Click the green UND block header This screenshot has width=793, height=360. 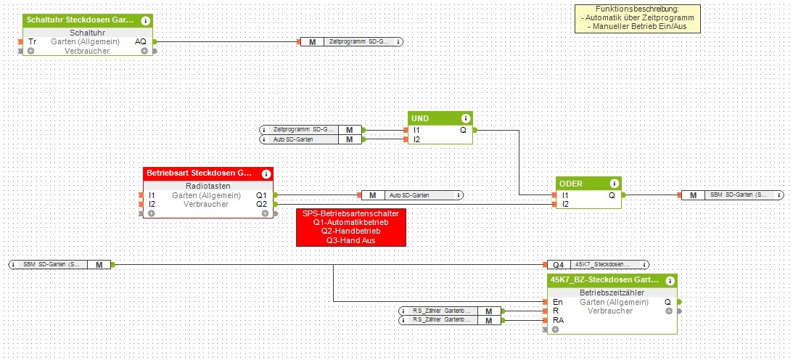click(432, 118)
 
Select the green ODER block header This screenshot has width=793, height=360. click(580, 184)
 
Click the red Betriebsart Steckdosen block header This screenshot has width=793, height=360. click(200, 174)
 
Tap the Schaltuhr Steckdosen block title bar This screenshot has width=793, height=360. click(80, 21)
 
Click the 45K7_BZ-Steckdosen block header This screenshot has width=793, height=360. click(604, 280)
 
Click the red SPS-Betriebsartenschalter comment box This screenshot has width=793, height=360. click(350, 226)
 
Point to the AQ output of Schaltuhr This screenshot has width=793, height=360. click(141, 42)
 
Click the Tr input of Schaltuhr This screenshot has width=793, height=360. click(33, 42)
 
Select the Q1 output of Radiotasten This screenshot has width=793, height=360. click(261, 195)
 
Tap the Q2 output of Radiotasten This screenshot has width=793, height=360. click(261, 204)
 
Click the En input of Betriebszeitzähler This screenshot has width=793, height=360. click(557, 302)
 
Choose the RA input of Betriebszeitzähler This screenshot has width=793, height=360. click(559, 319)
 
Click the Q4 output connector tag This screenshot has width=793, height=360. click(557, 265)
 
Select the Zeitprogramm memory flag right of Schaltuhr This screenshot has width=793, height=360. click(352, 42)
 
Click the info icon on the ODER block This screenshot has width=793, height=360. click(614, 184)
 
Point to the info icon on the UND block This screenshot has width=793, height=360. click(465, 118)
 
